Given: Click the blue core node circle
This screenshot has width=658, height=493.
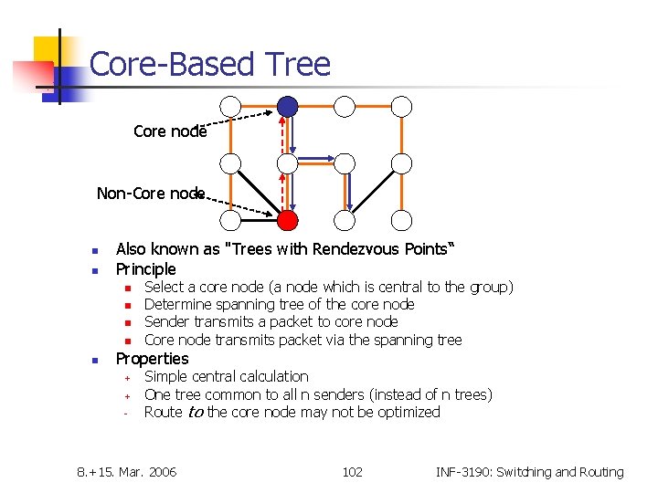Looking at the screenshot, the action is (x=288, y=107).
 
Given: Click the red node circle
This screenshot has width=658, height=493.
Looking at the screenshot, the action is (x=288, y=220).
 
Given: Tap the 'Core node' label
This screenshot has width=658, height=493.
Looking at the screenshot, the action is (x=170, y=131).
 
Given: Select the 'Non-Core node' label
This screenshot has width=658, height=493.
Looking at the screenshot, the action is (x=152, y=194).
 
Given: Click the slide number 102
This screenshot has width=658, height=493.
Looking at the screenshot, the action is (x=352, y=472).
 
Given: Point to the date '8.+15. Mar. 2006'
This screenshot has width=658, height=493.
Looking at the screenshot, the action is (x=127, y=472).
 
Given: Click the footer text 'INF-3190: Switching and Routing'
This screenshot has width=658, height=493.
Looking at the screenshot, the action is (x=529, y=472).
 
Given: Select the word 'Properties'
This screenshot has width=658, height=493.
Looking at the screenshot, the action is (x=152, y=359).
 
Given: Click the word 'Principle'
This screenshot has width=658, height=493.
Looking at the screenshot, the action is (x=146, y=269).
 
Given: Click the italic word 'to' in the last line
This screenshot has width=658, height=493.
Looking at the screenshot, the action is (x=195, y=413).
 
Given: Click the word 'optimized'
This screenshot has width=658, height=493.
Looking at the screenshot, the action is (x=406, y=413).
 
